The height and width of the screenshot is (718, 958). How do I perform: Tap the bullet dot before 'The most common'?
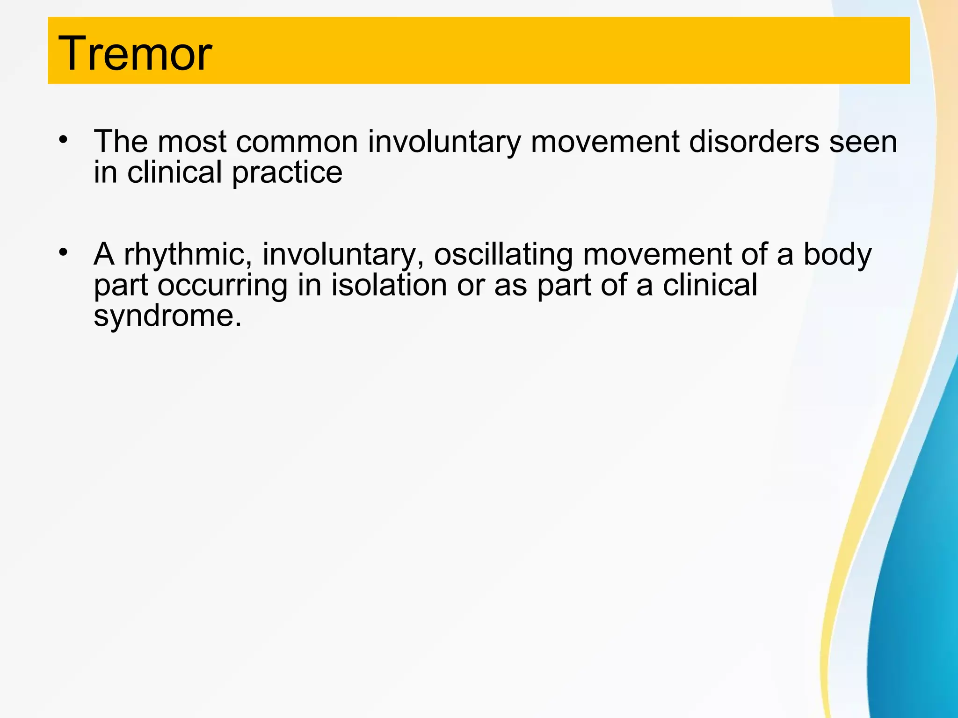(x=64, y=139)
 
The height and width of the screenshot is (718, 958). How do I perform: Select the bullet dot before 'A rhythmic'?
(x=64, y=252)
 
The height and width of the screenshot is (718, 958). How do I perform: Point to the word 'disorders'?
(x=754, y=142)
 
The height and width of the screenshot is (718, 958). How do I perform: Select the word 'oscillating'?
(x=503, y=255)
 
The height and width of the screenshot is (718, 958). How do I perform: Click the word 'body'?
(x=837, y=255)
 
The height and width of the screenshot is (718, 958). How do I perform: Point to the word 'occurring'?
(x=222, y=286)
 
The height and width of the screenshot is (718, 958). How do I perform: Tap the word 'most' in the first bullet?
(x=192, y=142)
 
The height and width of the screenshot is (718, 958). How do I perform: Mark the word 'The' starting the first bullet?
(x=121, y=142)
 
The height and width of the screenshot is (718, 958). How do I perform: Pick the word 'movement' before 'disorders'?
(x=605, y=142)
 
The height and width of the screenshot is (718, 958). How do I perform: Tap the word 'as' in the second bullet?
(x=510, y=286)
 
